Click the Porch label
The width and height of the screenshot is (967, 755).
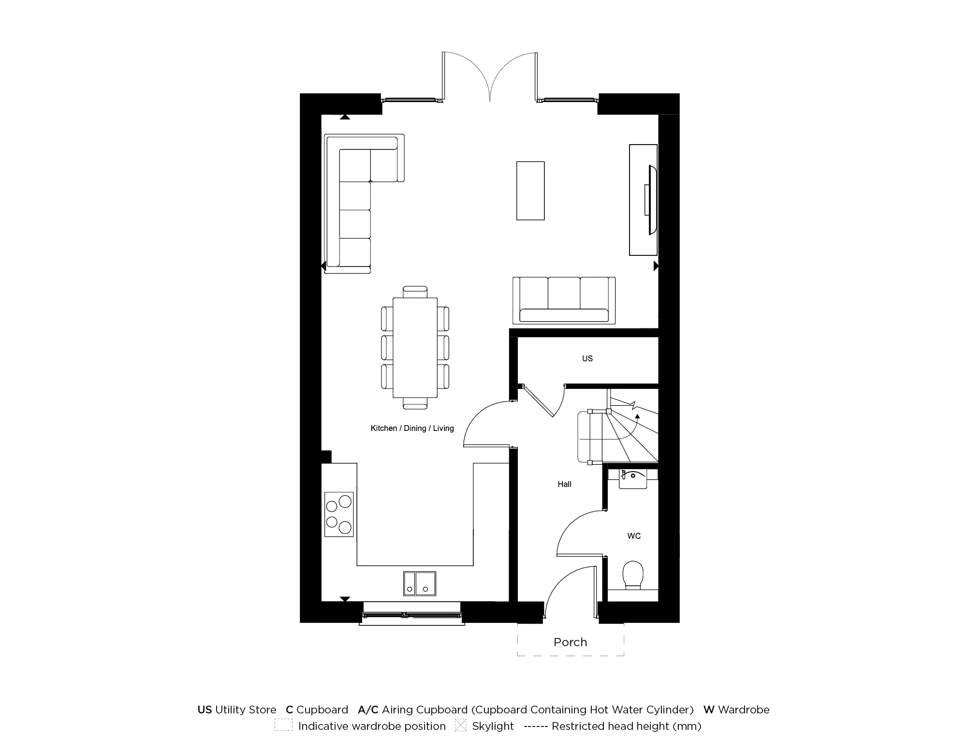pos(570,642)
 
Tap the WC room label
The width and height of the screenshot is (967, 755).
pos(634,536)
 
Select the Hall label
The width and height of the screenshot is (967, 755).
pos(564,484)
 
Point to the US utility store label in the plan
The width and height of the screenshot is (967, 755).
pos(587,358)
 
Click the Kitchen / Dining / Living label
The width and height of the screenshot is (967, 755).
pos(412,428)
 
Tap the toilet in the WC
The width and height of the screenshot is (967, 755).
pos(632,574)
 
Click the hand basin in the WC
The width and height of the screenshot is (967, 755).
pos(632,479)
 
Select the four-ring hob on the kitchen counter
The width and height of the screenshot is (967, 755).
pos(338,514)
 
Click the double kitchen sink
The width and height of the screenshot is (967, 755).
pos(419,583)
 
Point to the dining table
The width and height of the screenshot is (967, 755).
pos(415,347)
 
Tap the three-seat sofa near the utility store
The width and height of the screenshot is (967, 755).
pos(564,300)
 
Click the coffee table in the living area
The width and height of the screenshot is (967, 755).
pos(530,191)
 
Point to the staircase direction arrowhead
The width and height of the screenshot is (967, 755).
pos(637,415)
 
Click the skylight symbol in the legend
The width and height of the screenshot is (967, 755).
pos(460,725)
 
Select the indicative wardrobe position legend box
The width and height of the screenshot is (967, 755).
pos(283,725)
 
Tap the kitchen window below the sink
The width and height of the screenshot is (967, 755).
pos(411,616)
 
